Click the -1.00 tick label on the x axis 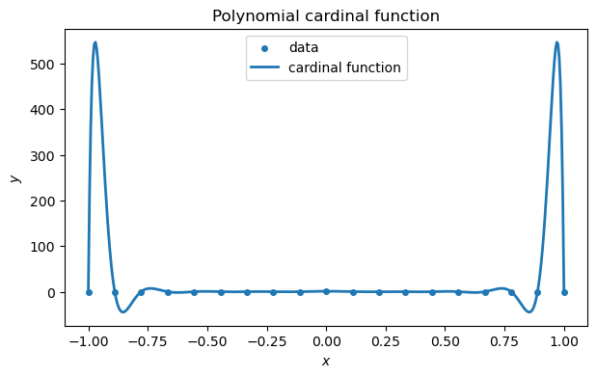89,341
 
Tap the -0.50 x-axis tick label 207,341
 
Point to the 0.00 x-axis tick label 326,341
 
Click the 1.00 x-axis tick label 564,341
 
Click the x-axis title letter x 326,361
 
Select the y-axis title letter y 14,178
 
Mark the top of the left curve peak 95,42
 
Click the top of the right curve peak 557,42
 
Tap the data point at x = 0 326,291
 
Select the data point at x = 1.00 564,292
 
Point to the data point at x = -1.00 89,292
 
